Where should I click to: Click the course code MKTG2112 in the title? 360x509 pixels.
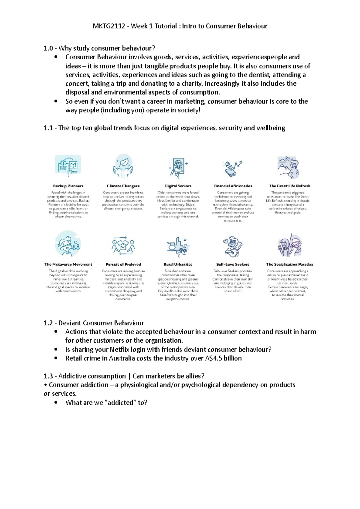click(109, 26)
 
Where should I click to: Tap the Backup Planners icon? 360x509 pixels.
click(68, 165)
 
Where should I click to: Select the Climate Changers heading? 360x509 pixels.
click(123, 186)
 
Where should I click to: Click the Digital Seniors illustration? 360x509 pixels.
click(178, 167)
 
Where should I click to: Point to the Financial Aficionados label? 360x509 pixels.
click(233, 186)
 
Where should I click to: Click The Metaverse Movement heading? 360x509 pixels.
click(68, 264)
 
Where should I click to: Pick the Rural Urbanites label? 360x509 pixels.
click(178, 264)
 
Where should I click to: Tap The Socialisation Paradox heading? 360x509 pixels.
click(289, 264)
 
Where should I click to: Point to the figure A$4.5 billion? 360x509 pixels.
click(223, 358)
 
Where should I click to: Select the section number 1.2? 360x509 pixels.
click(48, 323)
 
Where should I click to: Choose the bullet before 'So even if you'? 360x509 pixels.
click(56, 101)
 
